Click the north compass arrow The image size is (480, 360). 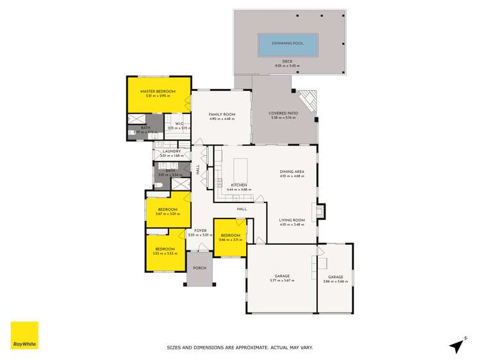point(456,345)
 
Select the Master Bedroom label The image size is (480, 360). point(158,92)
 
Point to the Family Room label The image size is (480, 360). point(222,114)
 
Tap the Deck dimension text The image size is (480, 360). point(287,65)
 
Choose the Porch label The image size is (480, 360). point(199,268)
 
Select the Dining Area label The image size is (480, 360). point(292,172)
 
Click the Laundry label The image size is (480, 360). point(171,151)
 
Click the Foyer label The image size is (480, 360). point(200,231)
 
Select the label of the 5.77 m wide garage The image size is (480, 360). point(281,277)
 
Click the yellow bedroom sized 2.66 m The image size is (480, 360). point(229,238)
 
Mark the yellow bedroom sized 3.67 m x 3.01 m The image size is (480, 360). point(167,211)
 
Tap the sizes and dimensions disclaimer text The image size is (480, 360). point(240,348)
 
